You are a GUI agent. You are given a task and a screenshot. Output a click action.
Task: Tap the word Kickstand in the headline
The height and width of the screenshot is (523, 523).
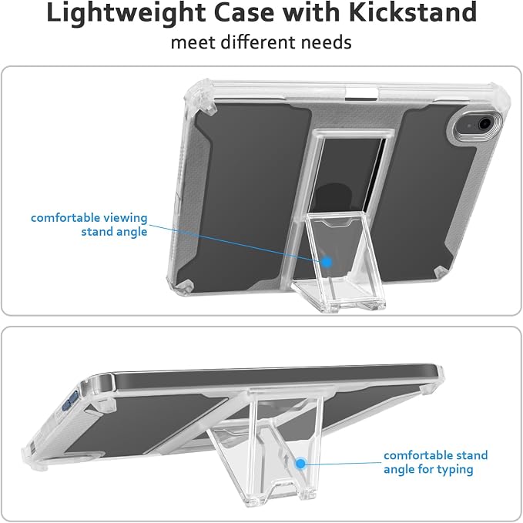pos(413,12)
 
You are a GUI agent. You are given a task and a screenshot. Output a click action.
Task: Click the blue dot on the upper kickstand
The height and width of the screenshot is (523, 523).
pos(327,262)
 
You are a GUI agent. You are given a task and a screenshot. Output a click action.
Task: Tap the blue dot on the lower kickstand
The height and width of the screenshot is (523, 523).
pos(300,463)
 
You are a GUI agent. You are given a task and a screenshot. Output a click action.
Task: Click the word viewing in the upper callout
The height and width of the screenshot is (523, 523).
pos(125,219)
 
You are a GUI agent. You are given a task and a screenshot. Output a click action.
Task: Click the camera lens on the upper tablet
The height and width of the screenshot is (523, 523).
pos(484,124)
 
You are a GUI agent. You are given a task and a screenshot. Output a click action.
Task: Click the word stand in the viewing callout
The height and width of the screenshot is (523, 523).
pos(96,232)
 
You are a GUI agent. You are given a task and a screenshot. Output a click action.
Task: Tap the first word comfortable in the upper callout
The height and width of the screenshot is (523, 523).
pos(65,218)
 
